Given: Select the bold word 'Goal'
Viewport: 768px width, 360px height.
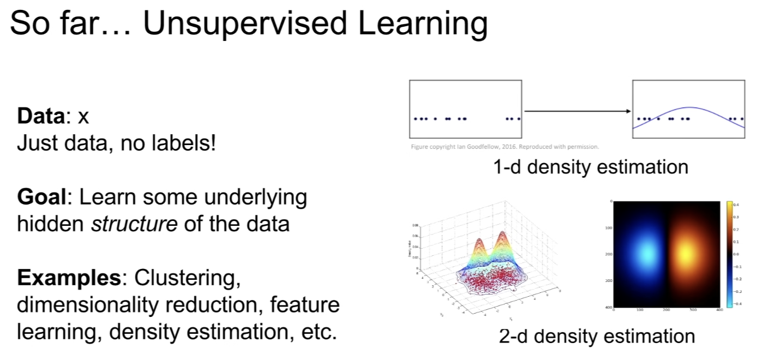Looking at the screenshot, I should click(x=41, y=197).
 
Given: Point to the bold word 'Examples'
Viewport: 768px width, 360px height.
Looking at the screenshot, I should click(x=68, y=278).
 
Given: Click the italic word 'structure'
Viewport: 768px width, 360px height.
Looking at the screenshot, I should click(x=134, y=224).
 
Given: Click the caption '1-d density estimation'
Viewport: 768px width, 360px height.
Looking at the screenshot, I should click(x=590, y=166).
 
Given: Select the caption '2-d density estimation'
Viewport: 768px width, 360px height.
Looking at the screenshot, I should click(x=597, y=336).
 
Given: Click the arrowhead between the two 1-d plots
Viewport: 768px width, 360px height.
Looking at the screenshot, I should click(x=628, y=112).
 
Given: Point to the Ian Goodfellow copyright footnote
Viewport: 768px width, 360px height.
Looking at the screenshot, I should click(x=505, y=147).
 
